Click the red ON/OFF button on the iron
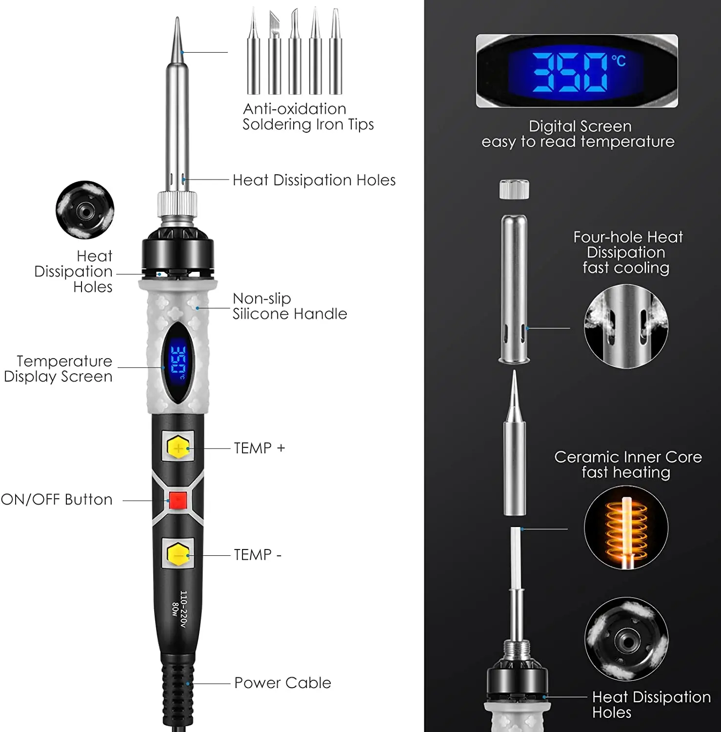[x=178, y=500]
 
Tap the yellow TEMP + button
[x=178, y=447]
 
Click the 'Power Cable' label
[x=282, y=683]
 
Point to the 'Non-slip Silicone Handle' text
[x=289, y=306]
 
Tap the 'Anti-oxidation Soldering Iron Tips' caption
[x=308, y=117]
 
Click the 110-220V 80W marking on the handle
[x=179, y=609]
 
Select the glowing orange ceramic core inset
[x=626, y=527]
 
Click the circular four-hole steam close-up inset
[x=626, y=326]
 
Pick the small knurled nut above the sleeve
[x=514, y=189]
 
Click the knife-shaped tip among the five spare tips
[x=275, y=51]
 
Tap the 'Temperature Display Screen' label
[x=59, y=368]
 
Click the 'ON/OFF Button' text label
[x=57, y=500]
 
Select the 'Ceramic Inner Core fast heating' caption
[x=627, y=465]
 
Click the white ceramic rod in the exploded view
[x=515, y=556]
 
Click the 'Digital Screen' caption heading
[x=580, y=126]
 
